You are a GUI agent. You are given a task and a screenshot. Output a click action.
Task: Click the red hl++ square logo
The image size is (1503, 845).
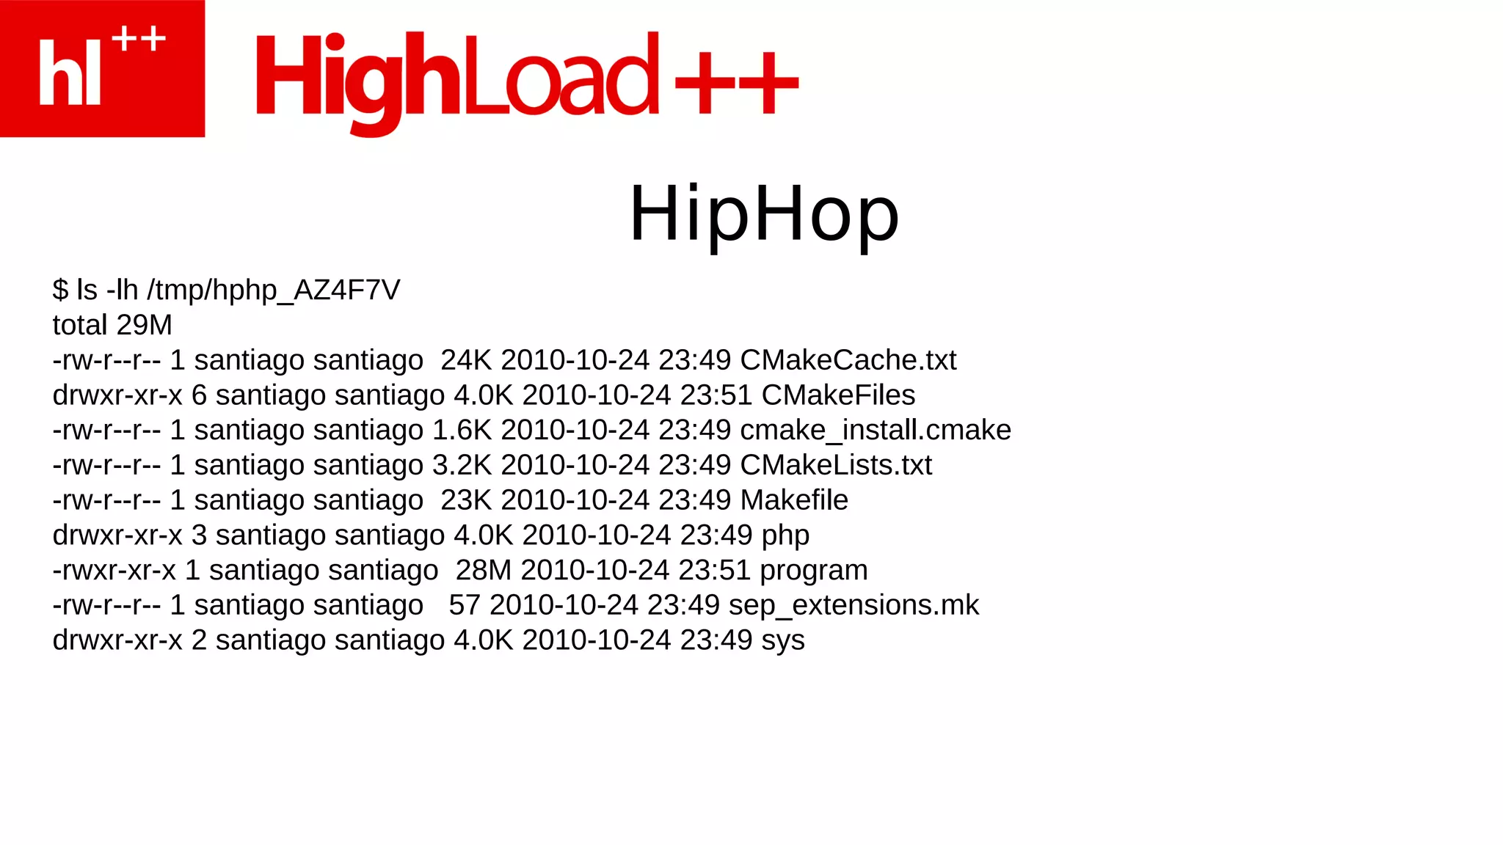tap(102, 68)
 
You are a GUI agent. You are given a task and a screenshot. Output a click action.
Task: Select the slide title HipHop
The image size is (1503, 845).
tap(764, 213)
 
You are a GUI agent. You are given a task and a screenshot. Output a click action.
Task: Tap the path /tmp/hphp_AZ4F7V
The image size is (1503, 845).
tap(273, 290)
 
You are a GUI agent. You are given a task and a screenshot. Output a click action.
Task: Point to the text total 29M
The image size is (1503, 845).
tap(112, 325)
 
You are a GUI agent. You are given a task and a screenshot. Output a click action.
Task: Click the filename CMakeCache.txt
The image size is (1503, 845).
tap(848, 360)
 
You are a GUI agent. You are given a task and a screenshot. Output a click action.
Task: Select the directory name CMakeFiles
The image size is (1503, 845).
tap(838, 395)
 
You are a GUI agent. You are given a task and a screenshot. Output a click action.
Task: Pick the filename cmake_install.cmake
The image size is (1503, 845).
tap(875, 431)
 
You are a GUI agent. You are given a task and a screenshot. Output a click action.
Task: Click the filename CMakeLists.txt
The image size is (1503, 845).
tap(835, 465)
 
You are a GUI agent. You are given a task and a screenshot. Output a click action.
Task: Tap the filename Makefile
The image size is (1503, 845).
tap(794, 500)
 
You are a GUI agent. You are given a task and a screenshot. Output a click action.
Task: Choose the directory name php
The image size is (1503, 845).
tap(785, 536)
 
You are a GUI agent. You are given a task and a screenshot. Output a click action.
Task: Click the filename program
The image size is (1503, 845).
tap(813, 571)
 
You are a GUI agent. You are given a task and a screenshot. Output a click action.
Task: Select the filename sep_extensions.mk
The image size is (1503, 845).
tap(854, 606)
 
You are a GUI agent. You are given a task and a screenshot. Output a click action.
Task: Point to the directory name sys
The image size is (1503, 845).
tap(782, 641)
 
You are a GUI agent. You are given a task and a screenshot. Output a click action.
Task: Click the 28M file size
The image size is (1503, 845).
tap(483, 571)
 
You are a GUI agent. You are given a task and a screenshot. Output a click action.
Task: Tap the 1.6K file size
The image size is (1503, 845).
tap(462, 431)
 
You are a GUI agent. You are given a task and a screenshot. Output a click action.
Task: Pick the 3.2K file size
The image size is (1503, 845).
tap(462, 465)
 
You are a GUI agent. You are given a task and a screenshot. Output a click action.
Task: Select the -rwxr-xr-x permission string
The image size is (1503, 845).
tap(114, 571)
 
